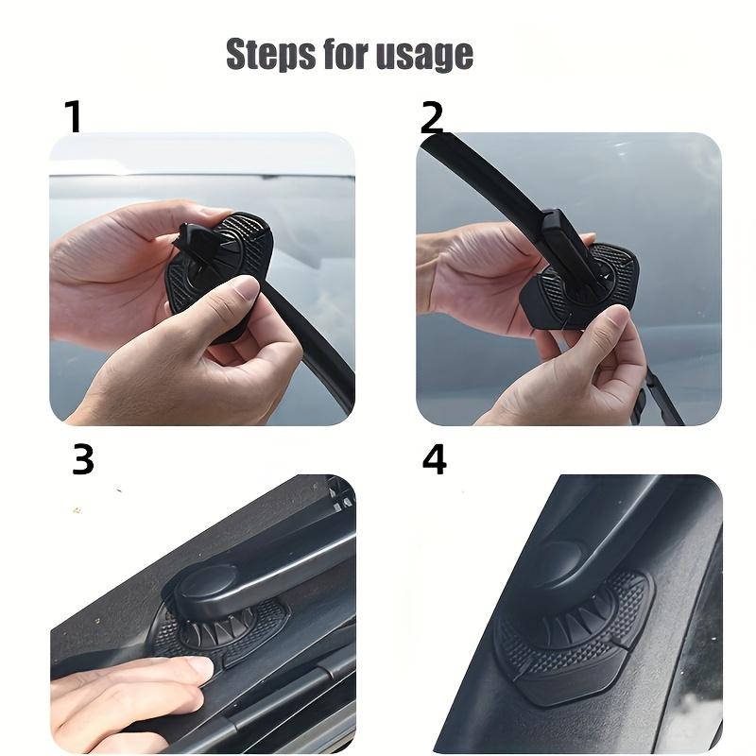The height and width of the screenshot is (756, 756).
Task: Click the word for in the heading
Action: [x=348, y=54]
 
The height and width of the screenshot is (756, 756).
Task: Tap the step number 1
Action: [x=73, y=117]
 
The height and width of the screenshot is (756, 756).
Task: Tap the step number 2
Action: [x=432, y=118]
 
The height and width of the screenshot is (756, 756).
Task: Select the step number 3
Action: [x=83, y=459]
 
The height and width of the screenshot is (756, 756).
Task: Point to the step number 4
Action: [x=434, y=459]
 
